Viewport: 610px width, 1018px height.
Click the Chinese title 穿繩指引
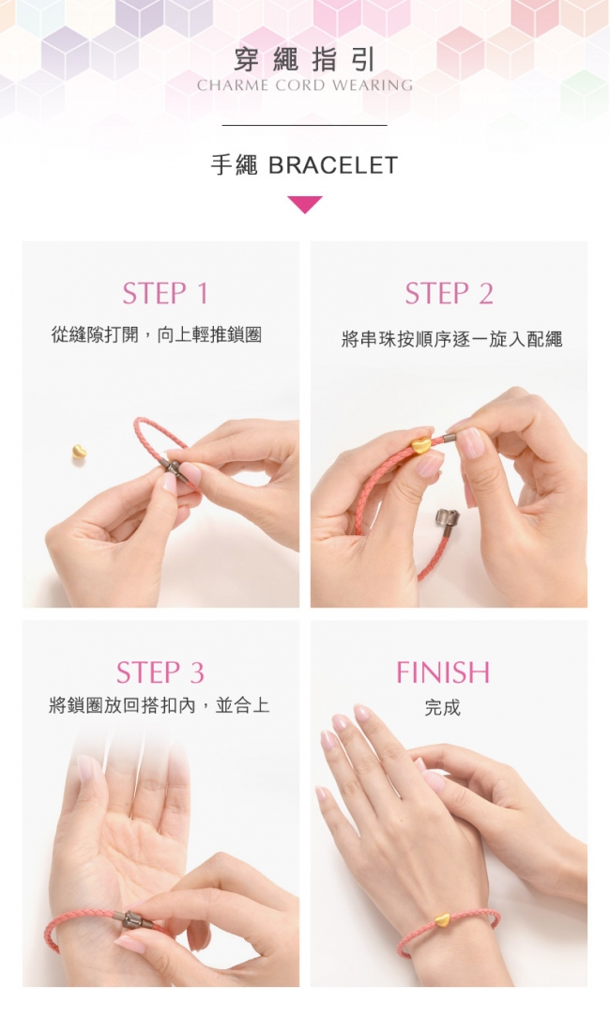(x=304, y=60)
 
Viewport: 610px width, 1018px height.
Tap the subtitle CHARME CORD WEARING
(x=304, y=85)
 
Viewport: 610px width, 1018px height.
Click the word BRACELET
(x=333, y=165)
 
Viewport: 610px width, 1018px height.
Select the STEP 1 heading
(x=165, y=293)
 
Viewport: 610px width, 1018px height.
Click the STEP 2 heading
(x=450, y=293)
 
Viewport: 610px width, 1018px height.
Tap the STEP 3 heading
(x=160, y=672)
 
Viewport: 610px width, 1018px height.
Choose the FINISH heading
(x=443, y=672)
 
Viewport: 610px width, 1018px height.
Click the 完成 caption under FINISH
(x=443, y=708)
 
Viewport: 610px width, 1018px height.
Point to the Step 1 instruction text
(x=157, y=335)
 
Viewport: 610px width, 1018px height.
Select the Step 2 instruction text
(x=451, y=339)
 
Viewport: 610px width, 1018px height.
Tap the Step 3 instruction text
(x=159, y=705)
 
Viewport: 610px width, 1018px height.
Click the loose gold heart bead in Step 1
(x=79, y=451)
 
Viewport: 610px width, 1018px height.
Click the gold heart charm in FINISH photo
(x=442, y=919)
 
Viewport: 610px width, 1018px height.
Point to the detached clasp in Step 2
(x=447, y=520)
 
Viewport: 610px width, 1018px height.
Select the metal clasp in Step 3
(x=134, y=920)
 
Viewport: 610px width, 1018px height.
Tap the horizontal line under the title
(x=304, y=125)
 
